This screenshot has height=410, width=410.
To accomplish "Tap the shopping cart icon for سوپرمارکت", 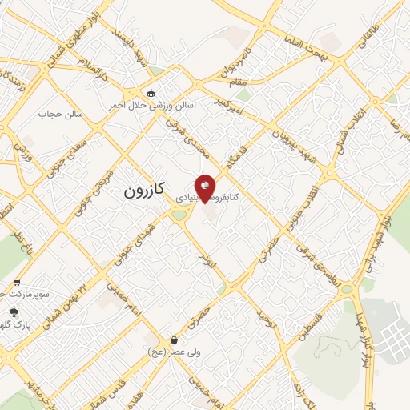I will [x=17, y=283].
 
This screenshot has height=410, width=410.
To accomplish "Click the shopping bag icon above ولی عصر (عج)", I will [x=174, y=340].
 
